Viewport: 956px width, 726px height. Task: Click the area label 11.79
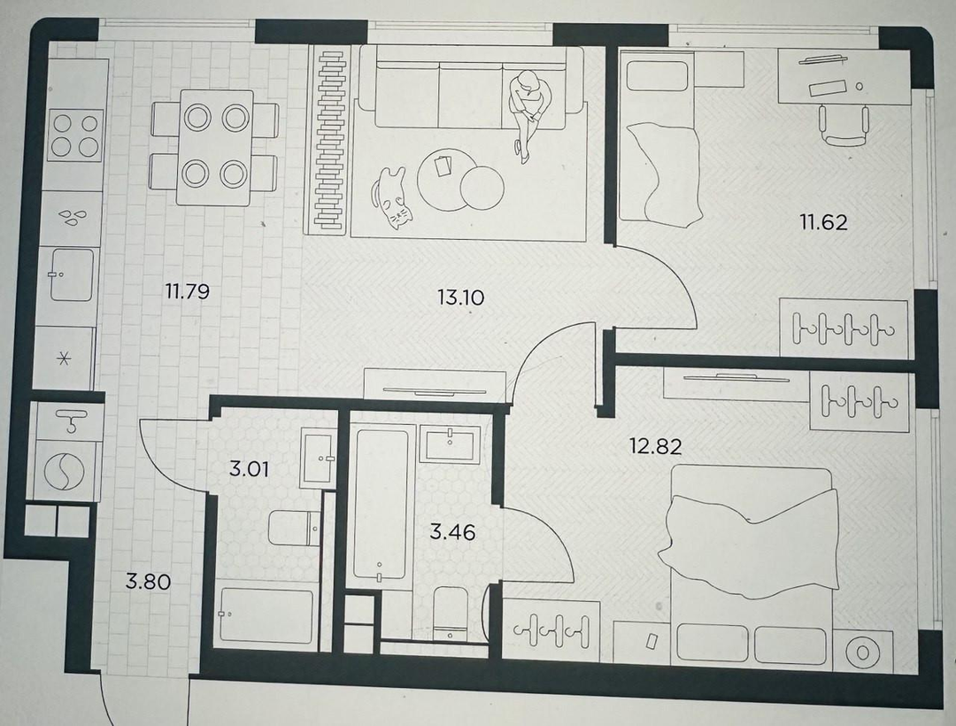coord(187,291)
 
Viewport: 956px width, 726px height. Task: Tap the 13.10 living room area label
coord(461,297)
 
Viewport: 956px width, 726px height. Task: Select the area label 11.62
coord(824,222)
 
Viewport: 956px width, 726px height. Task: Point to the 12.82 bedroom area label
coord(656,447)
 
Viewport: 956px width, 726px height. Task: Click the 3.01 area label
coord(249,469)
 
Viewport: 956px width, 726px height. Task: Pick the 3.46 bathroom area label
coord(452,532)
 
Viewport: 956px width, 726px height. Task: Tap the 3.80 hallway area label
coord(148,582)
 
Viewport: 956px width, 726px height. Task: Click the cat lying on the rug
coord(391,197)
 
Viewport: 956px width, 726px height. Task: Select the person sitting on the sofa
coord(528,114)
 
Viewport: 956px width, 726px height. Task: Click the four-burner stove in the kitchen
coord(75,135)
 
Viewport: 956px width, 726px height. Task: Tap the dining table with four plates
coord(215,147)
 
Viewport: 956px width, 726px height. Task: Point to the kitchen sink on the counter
coord(72,274)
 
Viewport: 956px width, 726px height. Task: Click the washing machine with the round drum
coord(64,472)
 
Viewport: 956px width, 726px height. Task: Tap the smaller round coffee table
coord(482,188)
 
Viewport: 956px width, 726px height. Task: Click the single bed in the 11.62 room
coord(658,136)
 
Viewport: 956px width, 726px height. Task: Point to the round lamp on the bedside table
coord(862,652)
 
